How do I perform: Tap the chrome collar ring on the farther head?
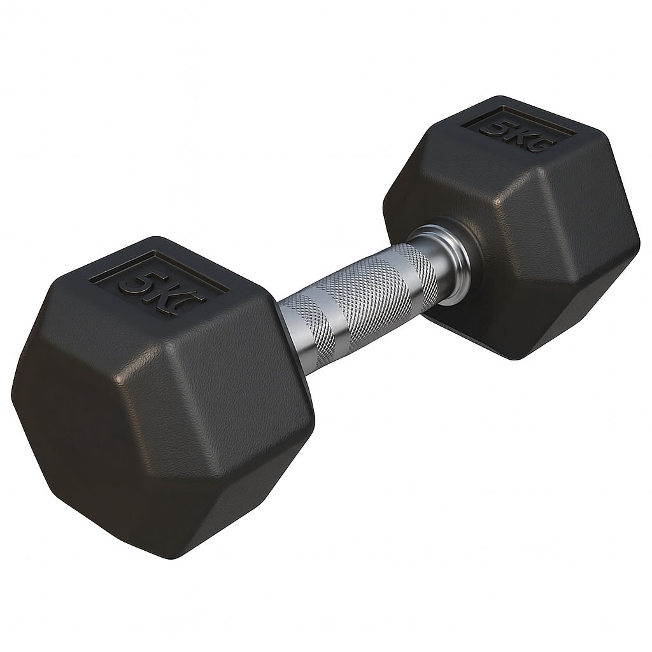(x=455, y=261)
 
